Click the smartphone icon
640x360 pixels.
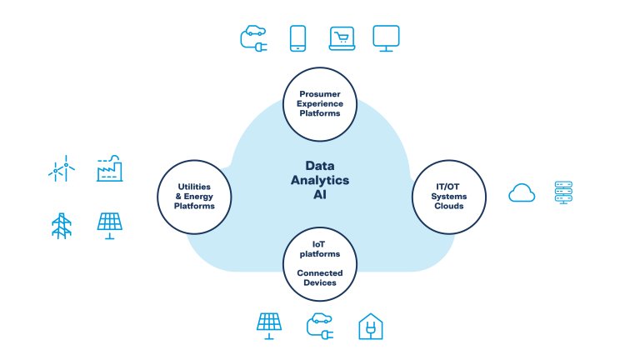click(x=298, y=37)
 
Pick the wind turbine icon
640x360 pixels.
click(x=60, y=170)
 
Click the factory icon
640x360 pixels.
click(x=110, y=168)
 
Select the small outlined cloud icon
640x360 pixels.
click(x=522, y=193)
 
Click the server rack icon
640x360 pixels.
click(x=567, y=193)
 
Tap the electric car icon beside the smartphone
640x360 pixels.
click(x=254, y=37)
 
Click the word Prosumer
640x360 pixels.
click(x=321, y=94)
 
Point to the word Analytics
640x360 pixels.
click(x=321, y=179)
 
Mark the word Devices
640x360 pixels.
click(x=320, y=282)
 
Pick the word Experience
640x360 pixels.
click(x=321, y=104)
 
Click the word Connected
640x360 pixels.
click(x=320, y=272)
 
